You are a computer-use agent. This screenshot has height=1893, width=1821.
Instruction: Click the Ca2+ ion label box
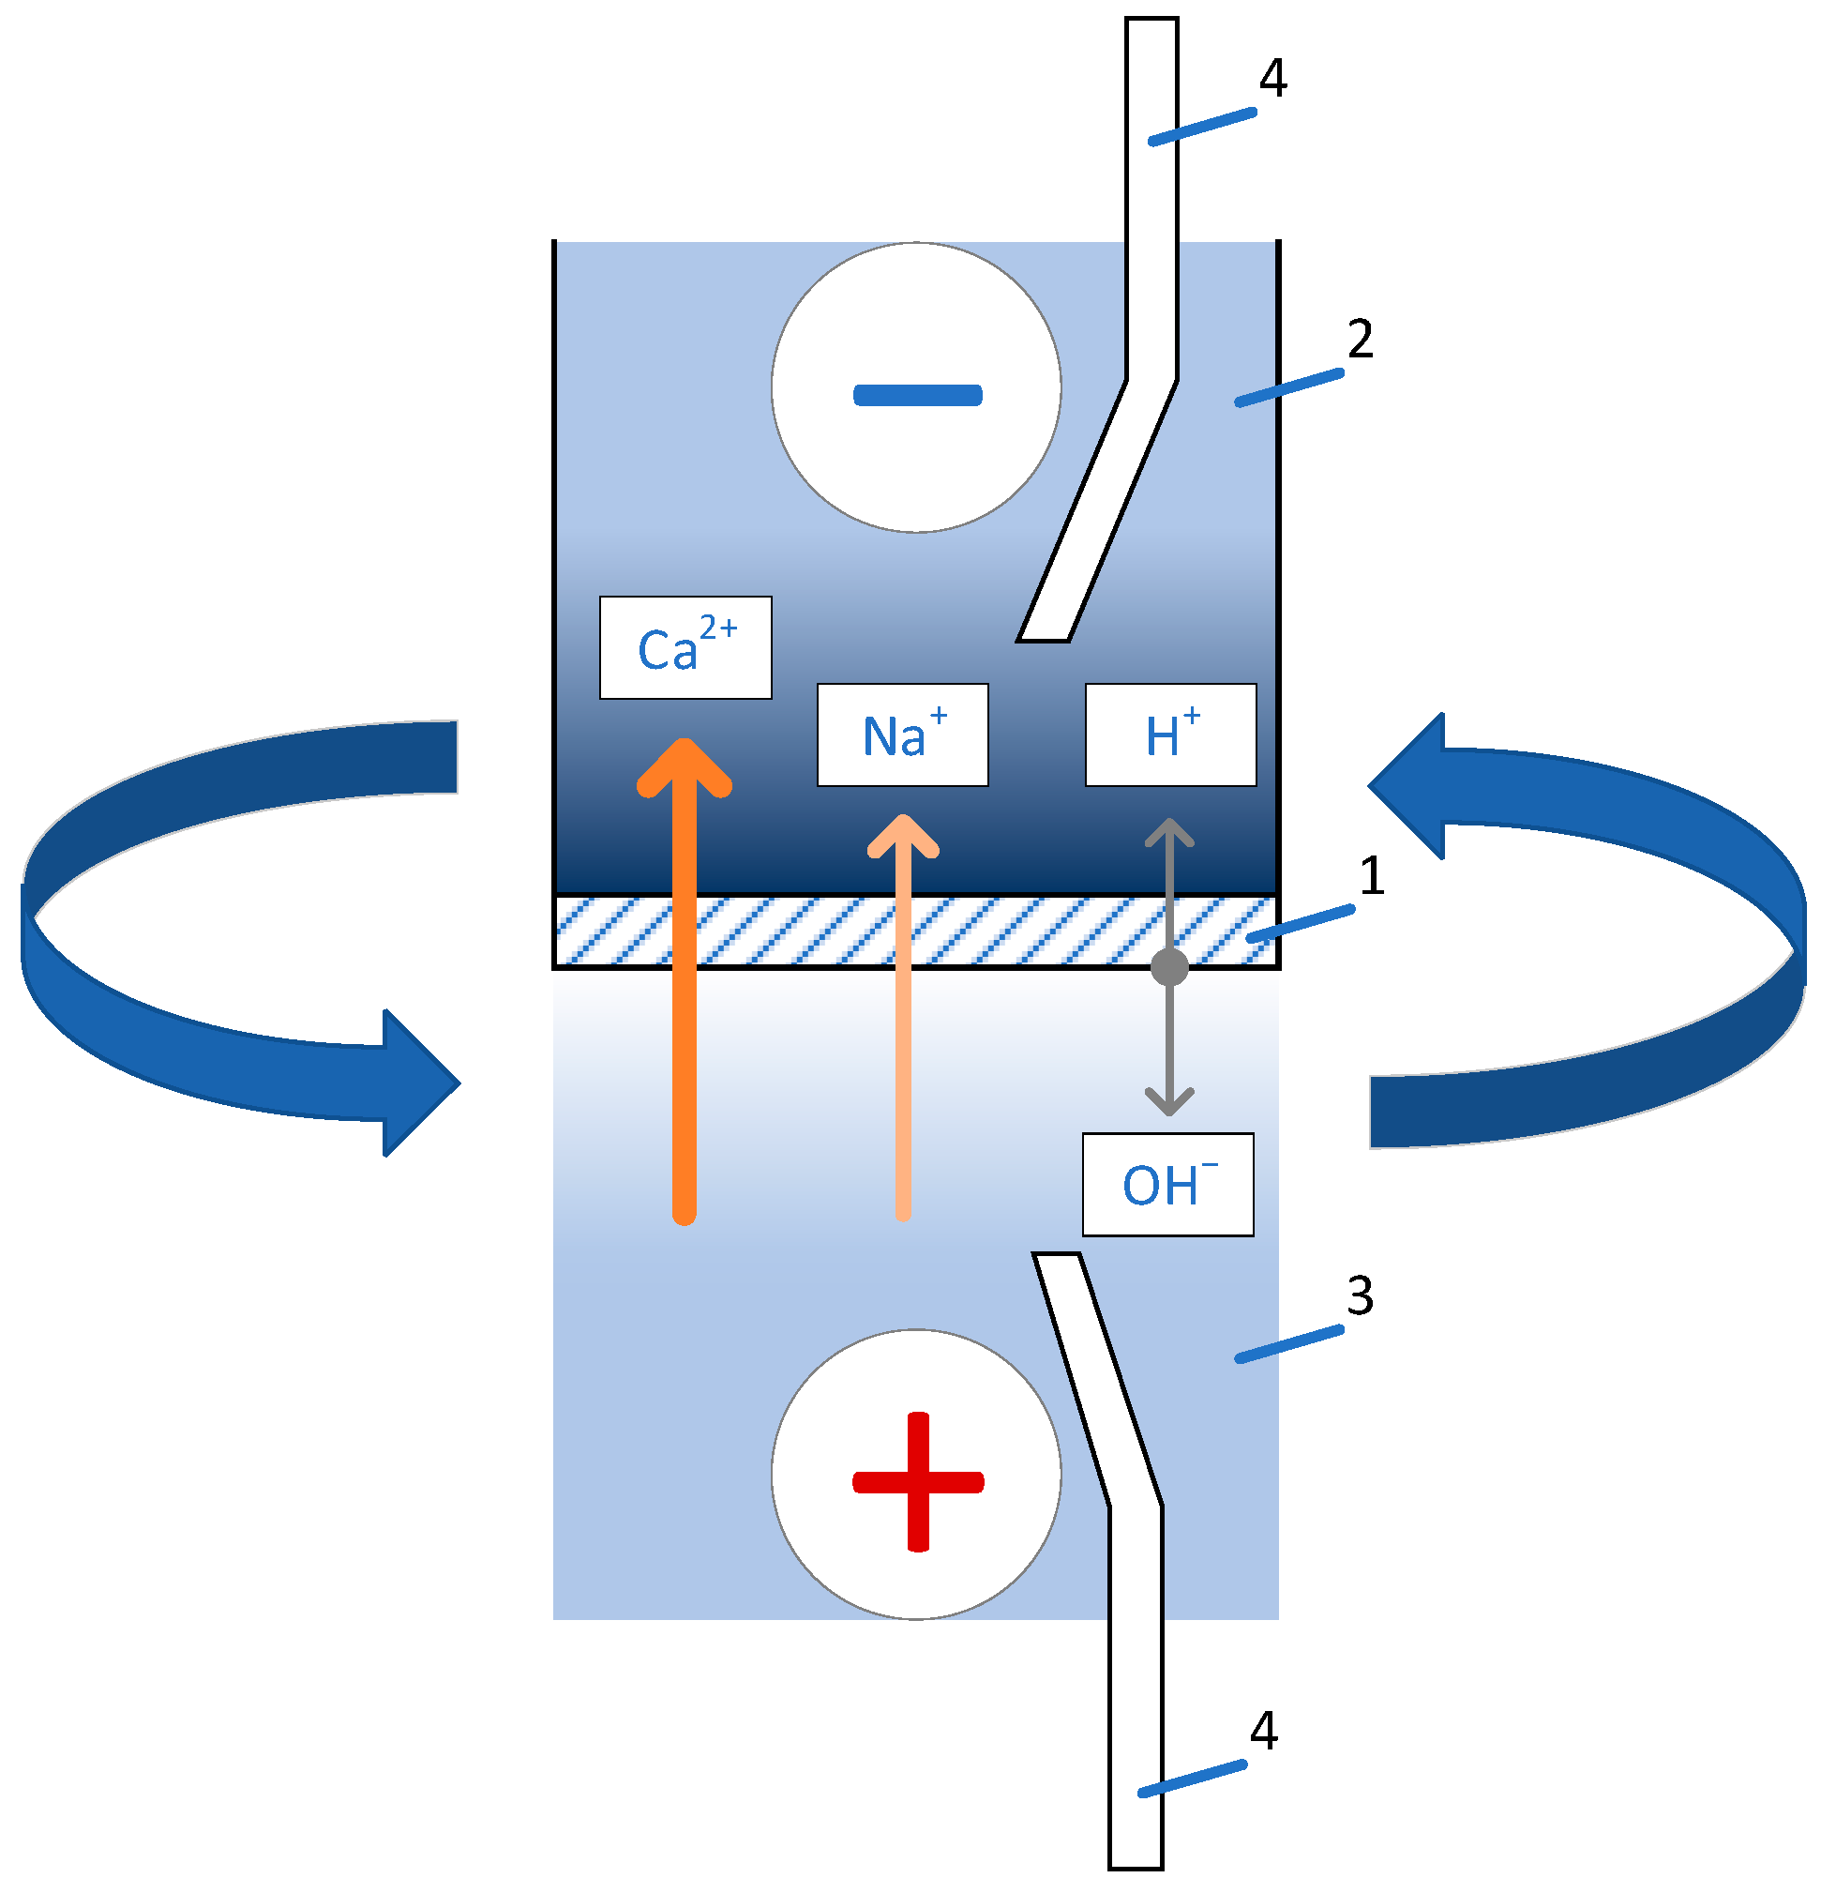685,648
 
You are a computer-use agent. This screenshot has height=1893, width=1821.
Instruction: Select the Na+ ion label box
902,735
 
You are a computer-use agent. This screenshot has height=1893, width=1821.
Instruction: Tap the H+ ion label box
1170,735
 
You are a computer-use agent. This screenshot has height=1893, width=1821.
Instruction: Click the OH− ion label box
1167,1185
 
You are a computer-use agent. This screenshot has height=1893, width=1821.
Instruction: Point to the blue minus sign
917,395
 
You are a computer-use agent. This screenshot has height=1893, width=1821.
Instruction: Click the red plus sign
917,1481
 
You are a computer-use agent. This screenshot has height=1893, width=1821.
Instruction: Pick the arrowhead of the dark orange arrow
685,768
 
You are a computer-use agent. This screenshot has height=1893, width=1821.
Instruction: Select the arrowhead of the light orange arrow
902,837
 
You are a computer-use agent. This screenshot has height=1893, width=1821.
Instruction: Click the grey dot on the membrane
1169,967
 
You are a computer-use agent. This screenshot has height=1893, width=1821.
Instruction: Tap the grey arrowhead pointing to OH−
1169,1103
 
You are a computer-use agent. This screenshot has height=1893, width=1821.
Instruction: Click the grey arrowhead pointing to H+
1169,833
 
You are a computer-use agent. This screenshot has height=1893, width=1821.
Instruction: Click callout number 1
1371,876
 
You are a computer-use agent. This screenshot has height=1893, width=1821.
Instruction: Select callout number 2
1360,339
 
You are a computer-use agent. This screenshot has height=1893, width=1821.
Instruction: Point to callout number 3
1360,1296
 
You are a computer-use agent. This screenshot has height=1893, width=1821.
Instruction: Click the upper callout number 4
1272,79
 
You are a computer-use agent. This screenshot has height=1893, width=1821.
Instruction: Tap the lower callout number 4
1263,1732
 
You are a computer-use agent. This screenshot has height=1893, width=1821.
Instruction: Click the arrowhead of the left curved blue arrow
420,1083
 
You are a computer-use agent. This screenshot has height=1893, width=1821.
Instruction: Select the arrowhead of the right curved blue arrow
1409,786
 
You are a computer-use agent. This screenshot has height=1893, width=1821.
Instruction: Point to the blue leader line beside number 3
1289,1344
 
